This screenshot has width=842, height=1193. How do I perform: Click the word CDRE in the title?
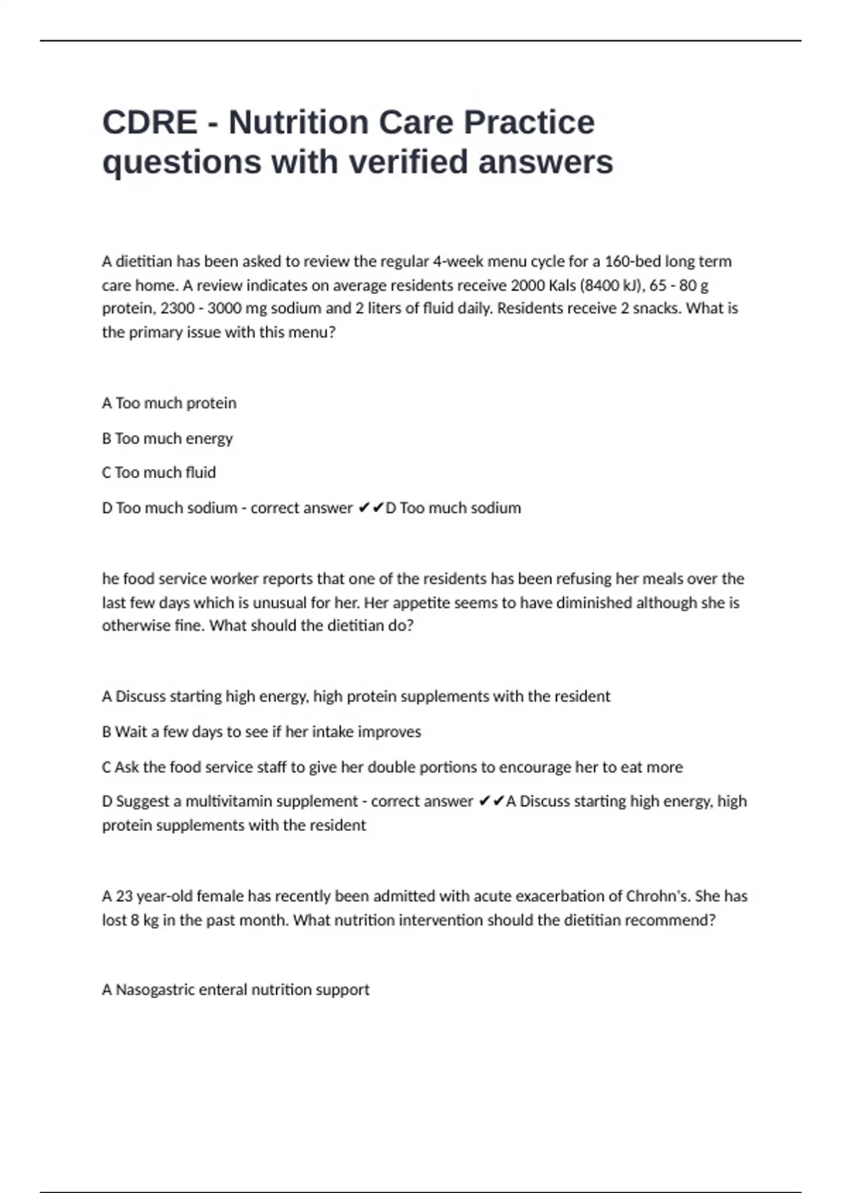pos(149,123)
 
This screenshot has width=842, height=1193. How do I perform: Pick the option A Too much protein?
pos(169,404)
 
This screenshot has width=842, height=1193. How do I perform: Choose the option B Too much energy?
pos(167,439)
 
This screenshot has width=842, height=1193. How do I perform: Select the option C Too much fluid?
pos(159,473)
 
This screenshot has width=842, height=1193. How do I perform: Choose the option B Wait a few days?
pos(261,732)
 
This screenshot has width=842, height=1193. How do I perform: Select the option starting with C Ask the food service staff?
pos(392,767)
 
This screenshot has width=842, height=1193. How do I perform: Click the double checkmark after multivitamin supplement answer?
pos(490,801)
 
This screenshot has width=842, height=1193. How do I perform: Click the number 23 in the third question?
pos(124,896)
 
